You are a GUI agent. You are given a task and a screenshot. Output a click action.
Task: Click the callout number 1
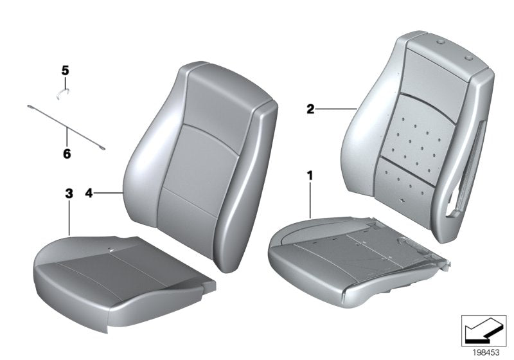click(x=310, y=174)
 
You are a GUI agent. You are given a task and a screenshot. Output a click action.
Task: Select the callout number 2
click(x=310, y=110)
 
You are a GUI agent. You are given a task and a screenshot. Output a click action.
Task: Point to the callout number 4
click(x=89, y=192)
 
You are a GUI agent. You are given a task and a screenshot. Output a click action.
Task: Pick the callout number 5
click(x=65, y=69)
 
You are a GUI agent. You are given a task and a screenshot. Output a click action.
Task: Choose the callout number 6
click(x=67, y=154)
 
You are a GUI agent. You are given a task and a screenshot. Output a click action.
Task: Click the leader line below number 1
click(x=311, y=199)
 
